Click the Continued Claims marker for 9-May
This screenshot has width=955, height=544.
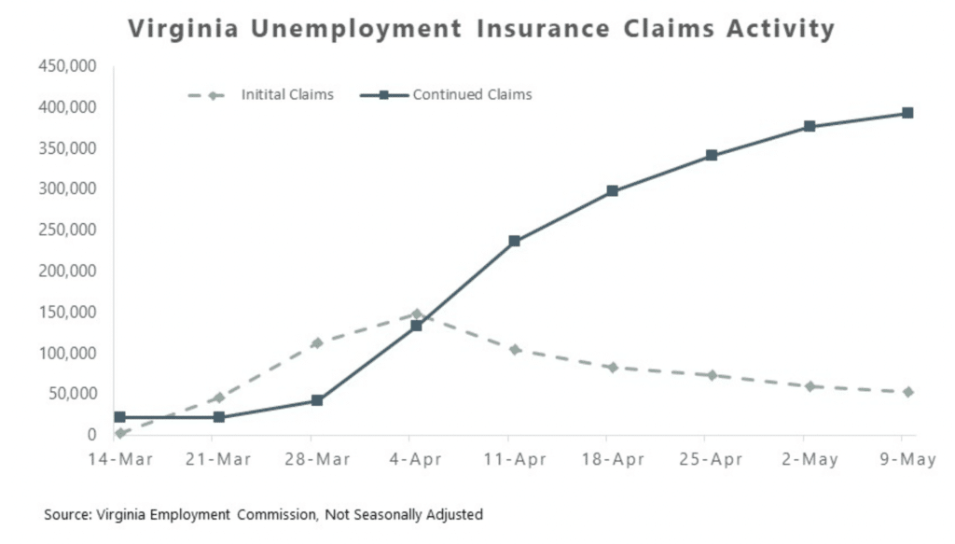point(907,114)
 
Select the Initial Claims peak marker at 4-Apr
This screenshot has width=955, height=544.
point(416,314)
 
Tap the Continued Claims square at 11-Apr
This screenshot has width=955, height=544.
point(514,242)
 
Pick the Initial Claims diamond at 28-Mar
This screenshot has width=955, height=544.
point(317,343)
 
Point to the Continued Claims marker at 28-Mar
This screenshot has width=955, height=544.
point(317,400)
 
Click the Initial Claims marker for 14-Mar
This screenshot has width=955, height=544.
point(120,433)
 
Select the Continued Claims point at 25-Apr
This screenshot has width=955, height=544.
point(711,156)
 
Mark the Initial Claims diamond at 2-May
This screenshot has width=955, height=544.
point(809,386)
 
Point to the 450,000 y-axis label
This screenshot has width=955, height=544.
point(68,66)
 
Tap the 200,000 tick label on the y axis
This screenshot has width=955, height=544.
point(68,271)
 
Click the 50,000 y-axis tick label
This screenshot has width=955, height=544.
point(73,394)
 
